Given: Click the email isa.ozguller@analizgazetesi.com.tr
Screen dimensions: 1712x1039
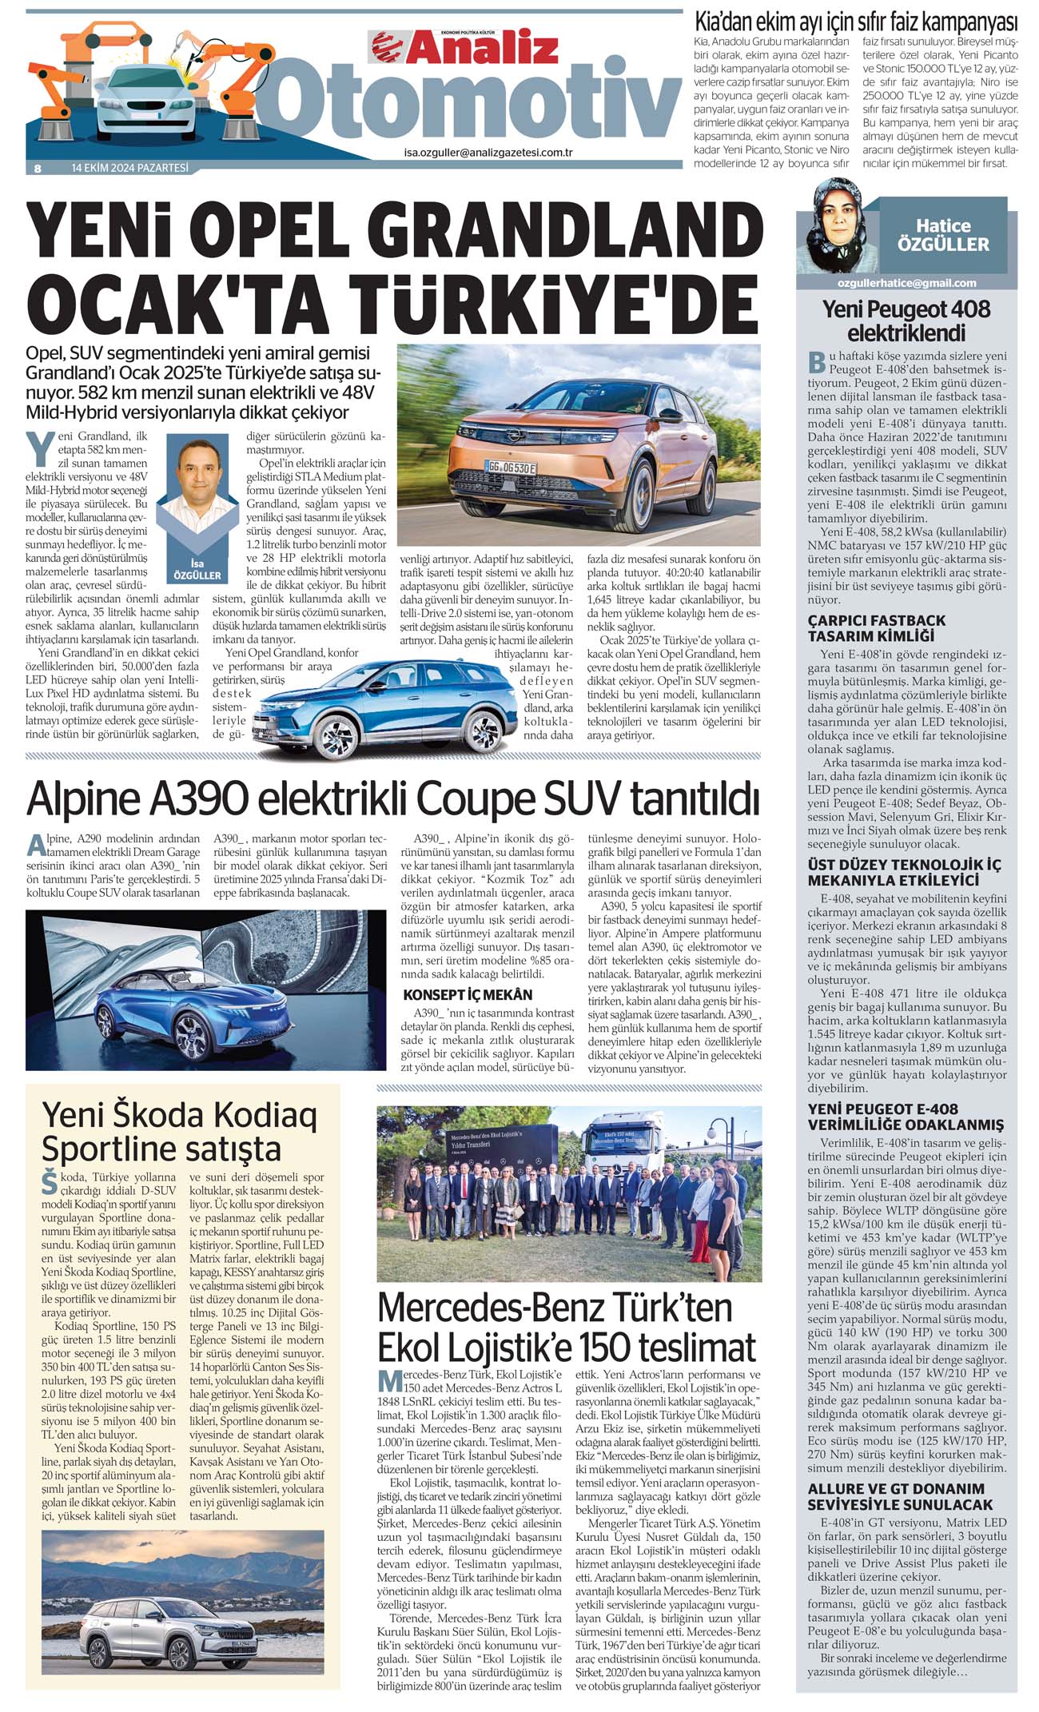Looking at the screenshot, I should pos(488,153).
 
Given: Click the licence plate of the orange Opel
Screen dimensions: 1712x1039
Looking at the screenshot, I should pos(512,468).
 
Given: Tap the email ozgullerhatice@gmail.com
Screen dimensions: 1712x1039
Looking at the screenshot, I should pos(907,283).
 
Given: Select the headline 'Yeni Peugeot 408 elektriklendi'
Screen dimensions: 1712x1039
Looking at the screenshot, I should pos(906,321).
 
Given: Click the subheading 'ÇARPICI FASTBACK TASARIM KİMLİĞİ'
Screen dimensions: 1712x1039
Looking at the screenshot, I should pos(876,628).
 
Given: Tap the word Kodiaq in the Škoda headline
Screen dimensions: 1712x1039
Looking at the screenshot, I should pos(257,1114).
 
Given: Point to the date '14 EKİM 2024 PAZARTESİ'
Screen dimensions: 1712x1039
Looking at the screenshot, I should pos(129,168).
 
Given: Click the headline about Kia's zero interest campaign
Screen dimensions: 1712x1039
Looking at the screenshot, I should pos(855,21).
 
